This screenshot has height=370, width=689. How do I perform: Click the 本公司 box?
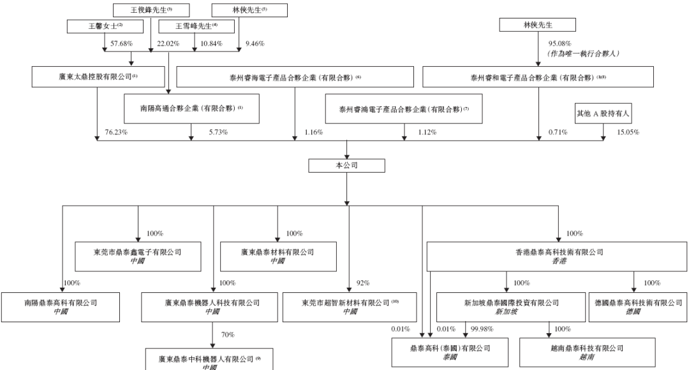[x=346, y=166]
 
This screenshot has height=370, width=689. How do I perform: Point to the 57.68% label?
[x=121, y=43]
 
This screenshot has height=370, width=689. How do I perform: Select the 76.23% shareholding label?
[x=115, y=132]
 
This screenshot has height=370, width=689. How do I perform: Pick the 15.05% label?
[x=628, y=132]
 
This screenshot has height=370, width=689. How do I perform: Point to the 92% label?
[x=362, y=283]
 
